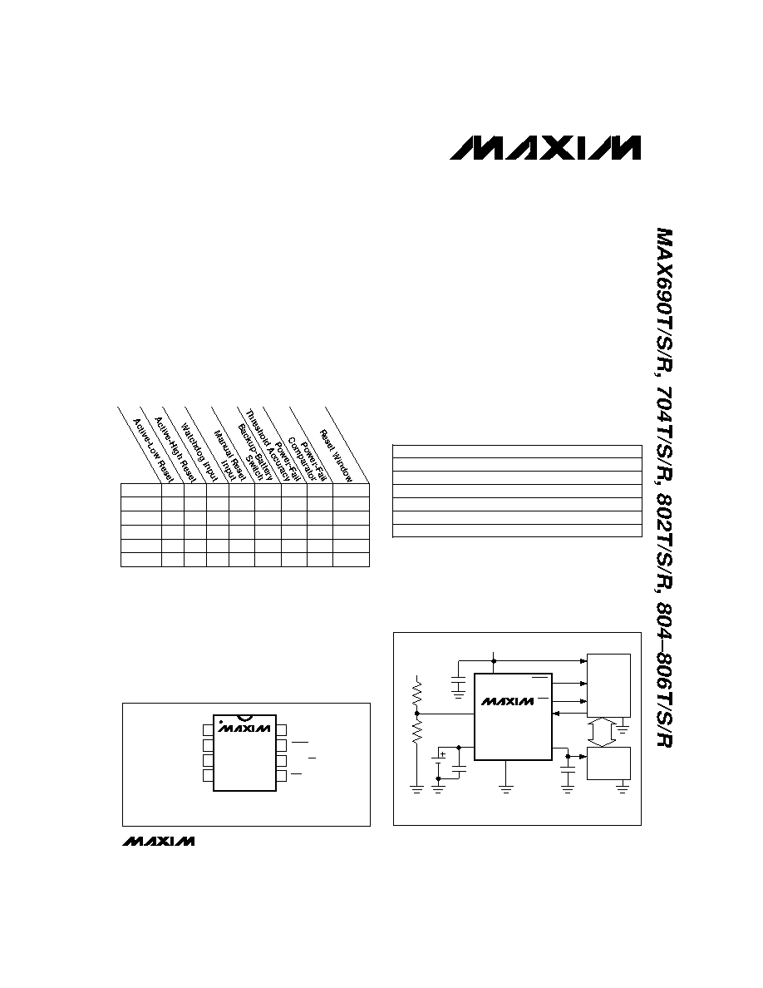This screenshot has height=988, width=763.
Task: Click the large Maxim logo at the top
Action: [x=545, y=147]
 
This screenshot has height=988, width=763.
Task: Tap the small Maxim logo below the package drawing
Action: [x=159, y=841]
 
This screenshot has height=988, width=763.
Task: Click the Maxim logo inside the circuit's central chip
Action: [x=507, y=701]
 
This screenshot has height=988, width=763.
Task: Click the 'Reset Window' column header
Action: [x=336, y=457]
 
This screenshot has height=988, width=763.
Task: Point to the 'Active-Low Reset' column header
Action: [x=153, y=451]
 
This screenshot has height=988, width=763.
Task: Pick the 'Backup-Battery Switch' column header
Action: [x=250, y=454]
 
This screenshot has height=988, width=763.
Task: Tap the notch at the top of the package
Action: [x=245, y=717]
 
